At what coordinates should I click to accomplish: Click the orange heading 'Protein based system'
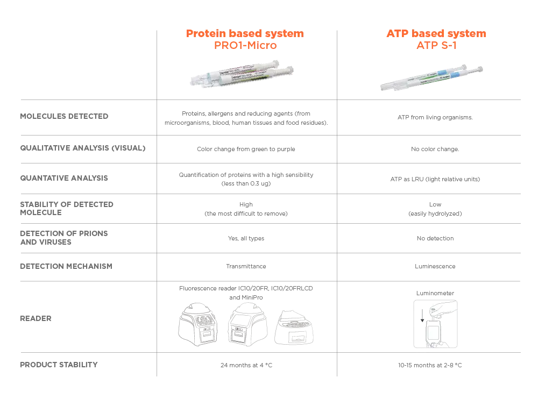coord(245,34)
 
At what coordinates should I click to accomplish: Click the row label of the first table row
coord(64,116)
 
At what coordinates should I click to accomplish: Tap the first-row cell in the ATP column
coord(434,117)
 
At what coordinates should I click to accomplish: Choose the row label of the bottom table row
coord(58,366)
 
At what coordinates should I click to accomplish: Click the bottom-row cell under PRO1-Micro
coord(247,366)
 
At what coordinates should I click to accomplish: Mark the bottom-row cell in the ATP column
coord(430,366)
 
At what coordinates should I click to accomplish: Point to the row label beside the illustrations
coord(34,318)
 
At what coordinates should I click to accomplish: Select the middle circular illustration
coord(245,325)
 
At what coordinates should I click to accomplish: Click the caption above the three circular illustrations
coord(245,290)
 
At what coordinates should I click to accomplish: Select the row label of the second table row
coord(81,146)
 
